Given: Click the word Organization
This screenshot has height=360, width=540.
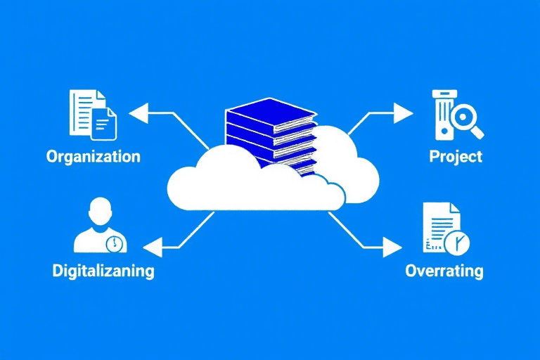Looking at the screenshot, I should tap(93, 156).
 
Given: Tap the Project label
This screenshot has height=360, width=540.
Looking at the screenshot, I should tap(456, 156).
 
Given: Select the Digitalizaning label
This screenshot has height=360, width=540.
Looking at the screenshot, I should tap(103, 271).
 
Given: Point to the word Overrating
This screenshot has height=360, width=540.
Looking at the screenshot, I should tap(444, 271).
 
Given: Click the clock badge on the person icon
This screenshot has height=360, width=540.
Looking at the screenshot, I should tap(114, 244).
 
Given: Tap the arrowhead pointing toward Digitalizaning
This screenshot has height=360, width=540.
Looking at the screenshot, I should tap(153, 246).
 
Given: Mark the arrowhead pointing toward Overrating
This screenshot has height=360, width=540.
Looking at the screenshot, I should tap(392, 246).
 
